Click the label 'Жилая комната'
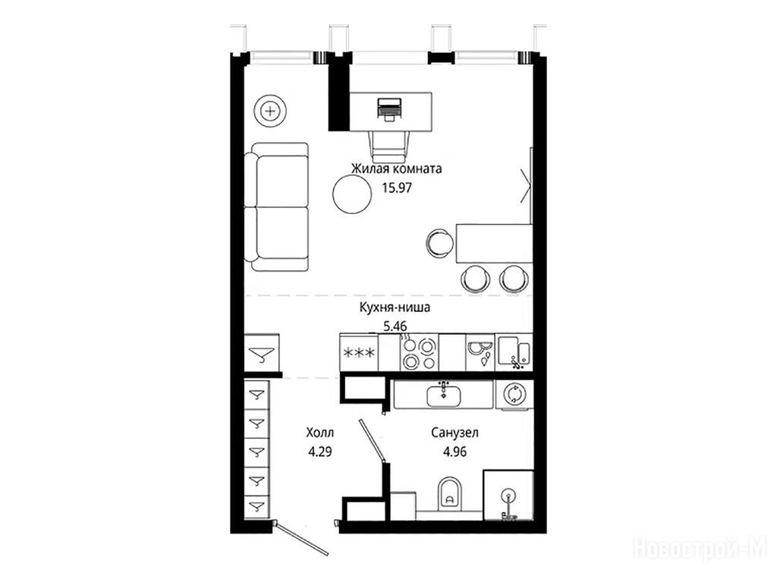pyautogui.click(x=396, y=169)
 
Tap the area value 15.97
pyautogui.click(x=396, y=188)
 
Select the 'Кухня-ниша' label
pyautogui.click(x=395, y=307)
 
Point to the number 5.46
pyautogui.click(x=395, y=326)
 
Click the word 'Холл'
pyautogui.click(x=320, y=433)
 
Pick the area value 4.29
pyautogui.click(x=319, y=452)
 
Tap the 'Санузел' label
pyautogui.click(x=455, y=433)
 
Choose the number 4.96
pyautogui.click(x=455, y=452)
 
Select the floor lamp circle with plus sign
pyautogui.click(x=270, y=111)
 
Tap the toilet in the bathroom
pyautogui.click(x=449, y=494)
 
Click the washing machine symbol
pyautogui.click(x=514, y=395)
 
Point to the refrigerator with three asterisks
pyautogui.click(x=359, y=352)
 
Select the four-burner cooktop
pyautogui.click(x=419, y=352)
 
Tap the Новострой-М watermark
pyautogui.click(x=700, y=549)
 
